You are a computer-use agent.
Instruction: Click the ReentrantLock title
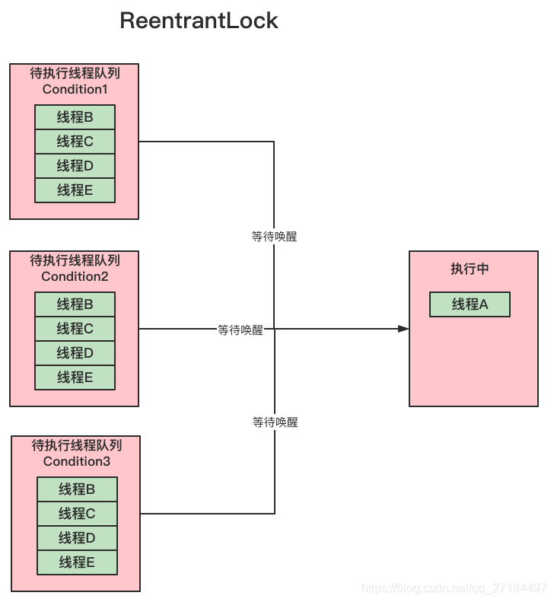pyautogui.click(x=199, y=21)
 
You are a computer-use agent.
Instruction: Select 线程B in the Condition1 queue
pyautogui.click(x=75, y=117)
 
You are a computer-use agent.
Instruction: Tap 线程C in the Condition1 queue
pyautogui.click(x=75, y=142)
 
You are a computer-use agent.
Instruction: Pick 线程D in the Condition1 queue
pyautogui.click(x=75, y=166)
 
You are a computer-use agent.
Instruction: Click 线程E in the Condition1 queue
pyautogui.click(x=75, y=190)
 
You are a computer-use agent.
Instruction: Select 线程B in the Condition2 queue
pyautogui.click(x=75, y=304)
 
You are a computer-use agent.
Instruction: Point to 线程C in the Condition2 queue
pyautogui.click(x=75, y=329)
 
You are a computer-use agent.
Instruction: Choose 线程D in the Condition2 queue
pyautogui.click(x=75, y=353)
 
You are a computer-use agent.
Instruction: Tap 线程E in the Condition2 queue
pyautogui.click(x=75, y=377)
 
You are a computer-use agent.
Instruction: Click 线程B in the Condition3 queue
pyautogui.click(x=77, y=489)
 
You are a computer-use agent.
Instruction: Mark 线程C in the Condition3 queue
pyautogui.click(x=77, y=514)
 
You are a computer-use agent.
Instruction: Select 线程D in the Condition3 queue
pyautogui.click(x=77, y=538)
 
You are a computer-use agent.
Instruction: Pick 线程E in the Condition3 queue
pyautogui.click(x=77, y=562)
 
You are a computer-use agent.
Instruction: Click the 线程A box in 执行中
pyautogui.click(x=470, y=304)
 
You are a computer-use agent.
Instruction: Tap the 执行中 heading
pyautogui.click(x=470, y=269)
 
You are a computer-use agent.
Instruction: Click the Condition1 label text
pyautogui.click(x=75, y=89)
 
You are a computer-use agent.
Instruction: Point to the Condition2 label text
pyautogui.click(x=75, y=276)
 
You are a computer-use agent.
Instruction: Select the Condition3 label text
pyautogui.click(x=77, y=461)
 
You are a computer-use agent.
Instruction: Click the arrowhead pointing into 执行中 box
pyautogui.click(x=403, y=329)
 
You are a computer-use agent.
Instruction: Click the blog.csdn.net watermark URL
pyautogui.click(x=454, y=588)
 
